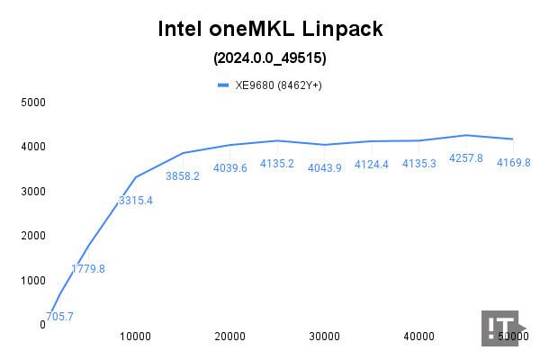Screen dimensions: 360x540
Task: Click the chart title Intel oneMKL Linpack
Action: tap(269, 30)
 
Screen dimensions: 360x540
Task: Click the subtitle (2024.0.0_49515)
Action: tap(269, 58)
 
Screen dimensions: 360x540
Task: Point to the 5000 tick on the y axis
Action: tap(33, 102)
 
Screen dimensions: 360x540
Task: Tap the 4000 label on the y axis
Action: tap(33, 147)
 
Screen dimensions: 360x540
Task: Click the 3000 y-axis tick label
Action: tap(33, 191)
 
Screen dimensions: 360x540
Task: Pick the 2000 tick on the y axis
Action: tap(33, 236)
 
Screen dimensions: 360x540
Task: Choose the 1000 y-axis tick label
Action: tap(33, 280)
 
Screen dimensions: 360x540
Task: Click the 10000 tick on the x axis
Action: tap(136, 337)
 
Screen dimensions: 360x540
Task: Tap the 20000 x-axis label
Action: tap(230, 337)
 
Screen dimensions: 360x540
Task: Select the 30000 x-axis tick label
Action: tap(324, 337)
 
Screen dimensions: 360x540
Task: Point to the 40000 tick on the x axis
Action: tap(418, 337)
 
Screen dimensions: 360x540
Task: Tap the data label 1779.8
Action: tap(88, 268)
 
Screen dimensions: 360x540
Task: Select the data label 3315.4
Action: tap(136, 200)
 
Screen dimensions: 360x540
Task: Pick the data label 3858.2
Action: tap(183, 175)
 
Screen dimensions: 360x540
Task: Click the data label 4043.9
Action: tap(324, 167)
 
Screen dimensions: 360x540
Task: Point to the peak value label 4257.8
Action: tap(465, 157)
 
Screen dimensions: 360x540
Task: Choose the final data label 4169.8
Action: tap(513, 162)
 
